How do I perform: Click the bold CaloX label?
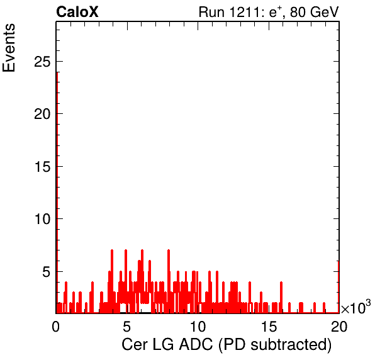tap(77, 12)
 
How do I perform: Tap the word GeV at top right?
tap(325, 12)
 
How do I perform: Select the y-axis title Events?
tap(9, 48)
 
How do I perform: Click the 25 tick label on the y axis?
tap(42, 62)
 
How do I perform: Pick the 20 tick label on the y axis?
tap(42, 114)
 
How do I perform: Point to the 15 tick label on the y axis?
tap(43, 167)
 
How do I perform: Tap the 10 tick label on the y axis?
tap(43, 219)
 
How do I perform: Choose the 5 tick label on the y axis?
tap(47, 272)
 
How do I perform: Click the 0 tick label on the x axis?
tap(56, 327)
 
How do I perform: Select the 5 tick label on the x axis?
tap(126, 327)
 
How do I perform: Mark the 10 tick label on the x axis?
tap(198, 327)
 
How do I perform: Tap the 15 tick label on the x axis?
tap(269, 327)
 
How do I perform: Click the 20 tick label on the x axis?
tap(339, 327)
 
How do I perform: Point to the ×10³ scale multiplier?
tap(356, 307)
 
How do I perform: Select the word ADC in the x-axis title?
tap(196, 345)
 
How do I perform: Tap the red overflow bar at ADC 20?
tap(339, 287)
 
